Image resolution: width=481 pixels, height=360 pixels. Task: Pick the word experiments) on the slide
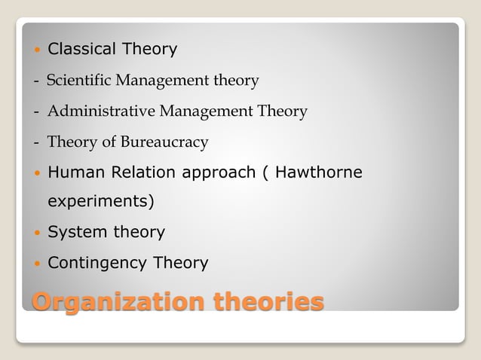100,203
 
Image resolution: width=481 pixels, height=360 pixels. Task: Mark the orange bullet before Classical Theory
37,50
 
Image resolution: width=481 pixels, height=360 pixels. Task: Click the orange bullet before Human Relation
37,173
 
